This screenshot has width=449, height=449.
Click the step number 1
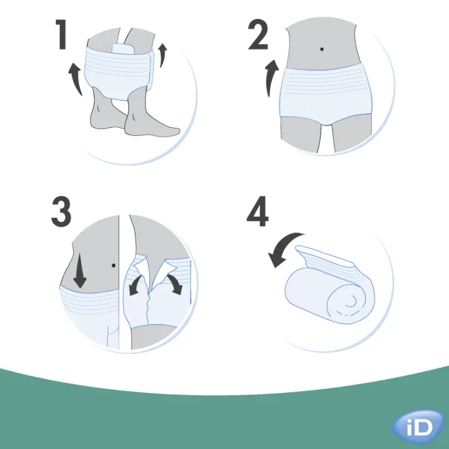tap(61, 35)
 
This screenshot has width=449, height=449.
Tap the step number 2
tap(258, 35)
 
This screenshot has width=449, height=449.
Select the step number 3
tap(61, 213)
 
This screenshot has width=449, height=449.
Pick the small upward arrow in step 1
tap(164, 54)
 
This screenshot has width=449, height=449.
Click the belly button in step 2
tap(322, 50)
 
